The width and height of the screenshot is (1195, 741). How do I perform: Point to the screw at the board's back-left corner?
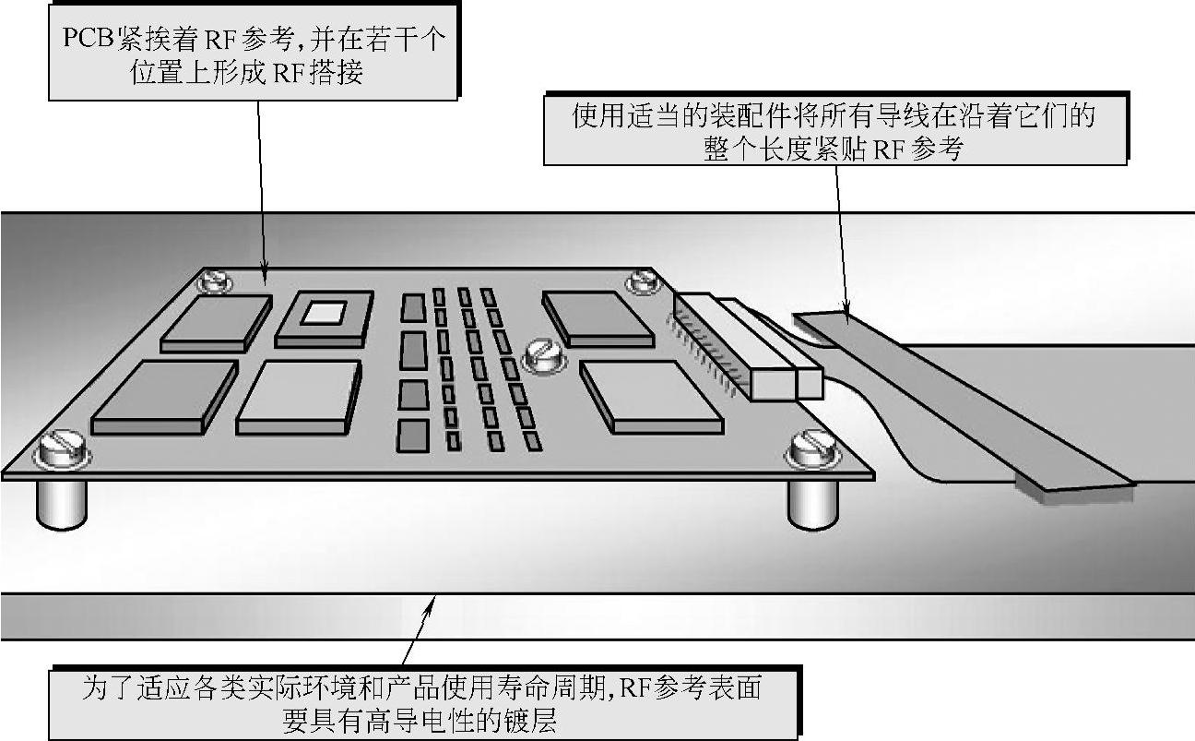pos(214,281)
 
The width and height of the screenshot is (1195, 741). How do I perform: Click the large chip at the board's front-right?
pos(651,396)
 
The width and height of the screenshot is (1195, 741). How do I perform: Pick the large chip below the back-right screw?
pos(597,318)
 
